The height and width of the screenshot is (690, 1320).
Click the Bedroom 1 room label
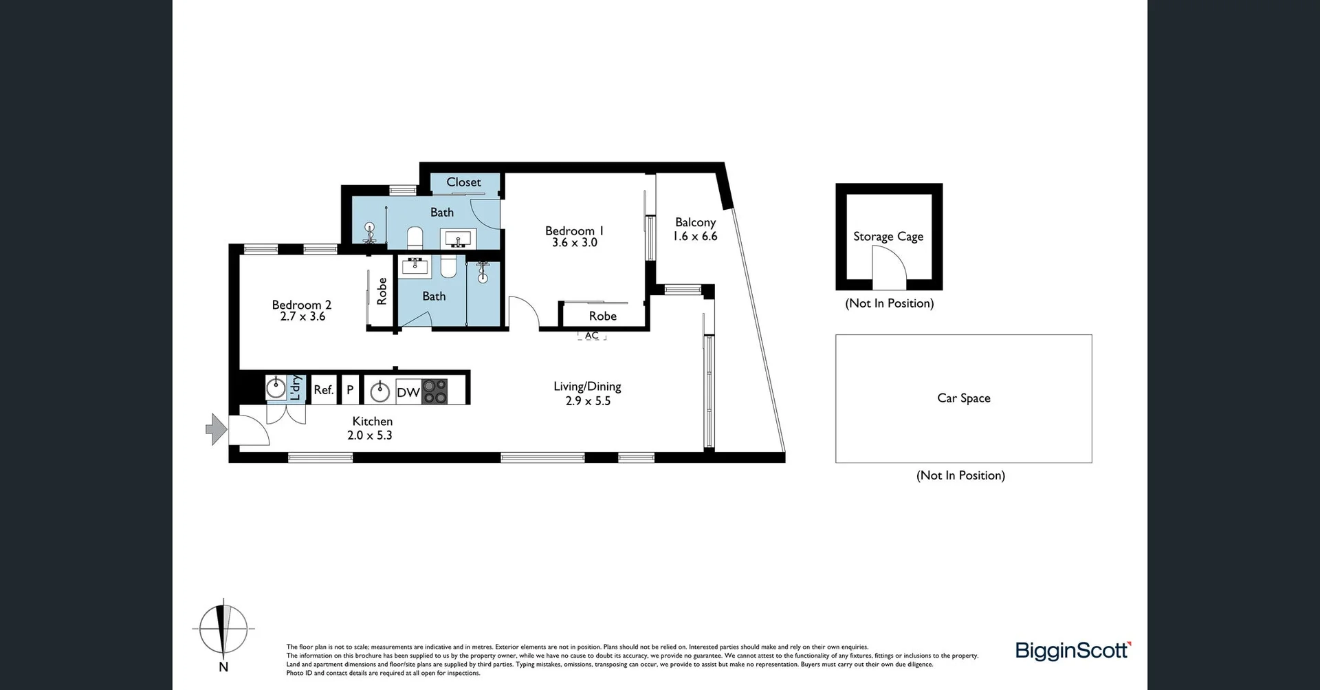pyautogui.click(x=574, y=230)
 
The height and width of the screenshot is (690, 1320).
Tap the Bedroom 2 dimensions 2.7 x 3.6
pyautogui.click(x=302, y=316)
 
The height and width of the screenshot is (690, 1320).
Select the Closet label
pyautogui.click(x=463, y=182)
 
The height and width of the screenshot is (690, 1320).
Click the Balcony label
pyautogui.click(x=695, y=222)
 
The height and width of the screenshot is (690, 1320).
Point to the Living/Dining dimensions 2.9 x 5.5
pyautogui.click(x=588, y=401)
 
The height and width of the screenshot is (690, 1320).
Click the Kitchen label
pyautogui.click(x=372, y=421)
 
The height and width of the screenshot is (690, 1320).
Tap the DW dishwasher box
pyautogui.click(x=408, y=392)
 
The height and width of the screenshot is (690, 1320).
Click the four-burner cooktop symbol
pyautogui.click(x=434, y=391)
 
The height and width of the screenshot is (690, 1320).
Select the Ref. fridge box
pyautogui.click(x=323, y=389)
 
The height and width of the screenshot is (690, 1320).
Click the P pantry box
pyautogui.click(x=350, y=389)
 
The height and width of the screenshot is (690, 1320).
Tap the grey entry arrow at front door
pyautogui.click(x=217, y=429)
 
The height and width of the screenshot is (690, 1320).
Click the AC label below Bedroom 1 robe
pyautogui.click(x=592, y=336)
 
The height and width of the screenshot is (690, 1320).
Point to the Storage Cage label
pyautogui.click(x=888, y=237)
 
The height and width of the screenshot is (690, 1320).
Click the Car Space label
pyautogui.click(x=963, y=398)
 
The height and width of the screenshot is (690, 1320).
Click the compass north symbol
pyautogui.click(x=223, y=630)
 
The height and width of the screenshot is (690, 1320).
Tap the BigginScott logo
pyautogui.click(x=1072, y=650)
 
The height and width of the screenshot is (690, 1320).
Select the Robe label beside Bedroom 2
pyautogui.click(x=382, y=291)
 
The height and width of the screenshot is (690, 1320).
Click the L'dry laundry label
pyautogui.click(x=295, y=388)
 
